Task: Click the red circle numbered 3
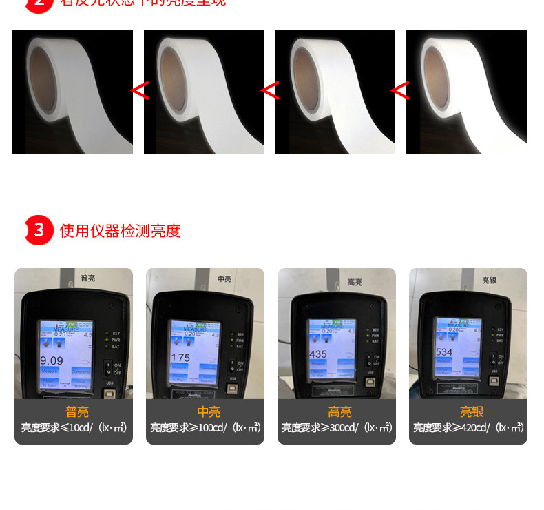(x=39, y=230)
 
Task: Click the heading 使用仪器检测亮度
(x=120, y=231)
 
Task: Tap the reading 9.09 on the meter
(x=52, y=360)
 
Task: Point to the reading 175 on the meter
(x=180, y=358)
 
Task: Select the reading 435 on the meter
(x=318, y=354)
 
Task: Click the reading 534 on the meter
(x=445, y=352)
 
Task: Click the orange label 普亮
(x=77, y=412)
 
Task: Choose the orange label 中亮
(x=209, y=412)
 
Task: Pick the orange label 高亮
(x=339, y=412)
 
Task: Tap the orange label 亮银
(x=472, y=412)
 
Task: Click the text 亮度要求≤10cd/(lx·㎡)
(x=74, y=428)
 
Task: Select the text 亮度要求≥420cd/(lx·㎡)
(x=469, y=428)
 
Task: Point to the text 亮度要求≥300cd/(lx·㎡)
(x=337, y=428)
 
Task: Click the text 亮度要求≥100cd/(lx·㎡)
(x=206, y=428)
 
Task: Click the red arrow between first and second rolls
(x=140, y=90)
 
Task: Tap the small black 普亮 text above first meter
(x=88, y=278)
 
